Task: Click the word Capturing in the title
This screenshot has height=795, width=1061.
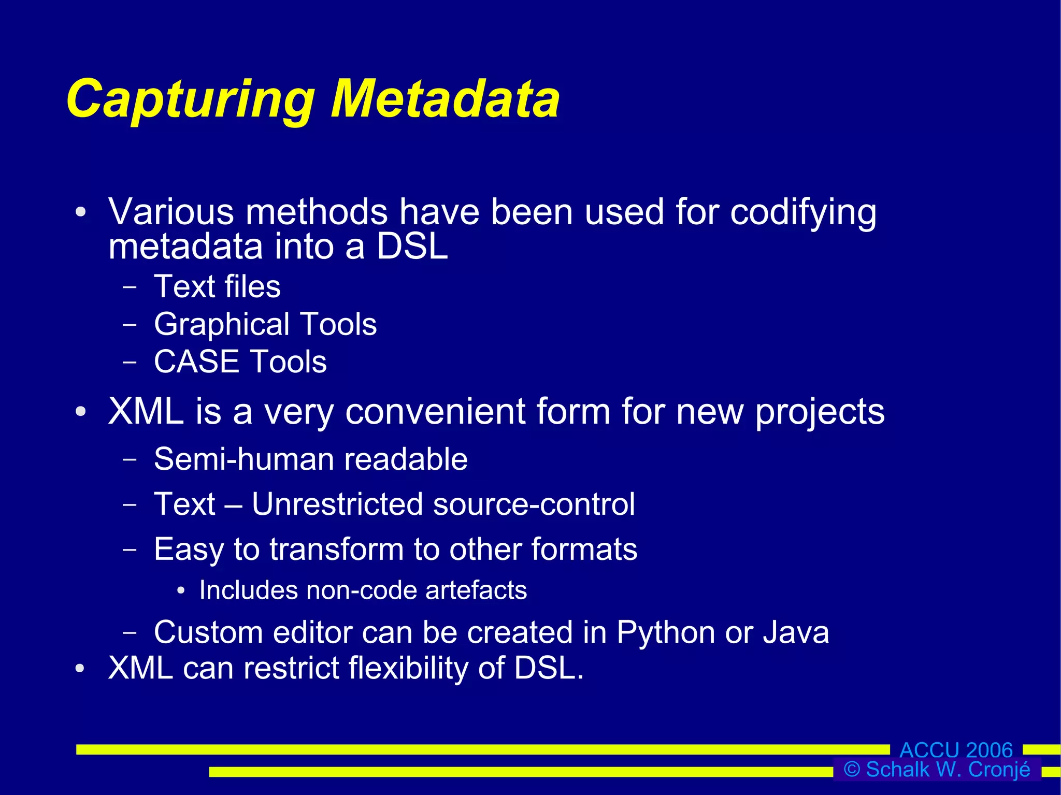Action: point(190,99)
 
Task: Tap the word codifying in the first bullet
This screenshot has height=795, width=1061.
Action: point(803,213)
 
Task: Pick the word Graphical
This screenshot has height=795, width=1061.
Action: point(222,325)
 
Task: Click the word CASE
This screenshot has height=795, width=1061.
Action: point(196,362)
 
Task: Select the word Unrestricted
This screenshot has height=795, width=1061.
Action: point(336,504)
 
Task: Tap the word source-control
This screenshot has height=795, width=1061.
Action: point(534,504)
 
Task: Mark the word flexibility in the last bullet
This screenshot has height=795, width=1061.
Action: point(408,668)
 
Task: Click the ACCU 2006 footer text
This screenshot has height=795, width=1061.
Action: point(956,750)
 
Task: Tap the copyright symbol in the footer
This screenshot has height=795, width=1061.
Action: point(852,770)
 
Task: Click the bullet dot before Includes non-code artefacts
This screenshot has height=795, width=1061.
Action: point(180,591)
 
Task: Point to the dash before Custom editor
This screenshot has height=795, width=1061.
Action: point(130,632)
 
